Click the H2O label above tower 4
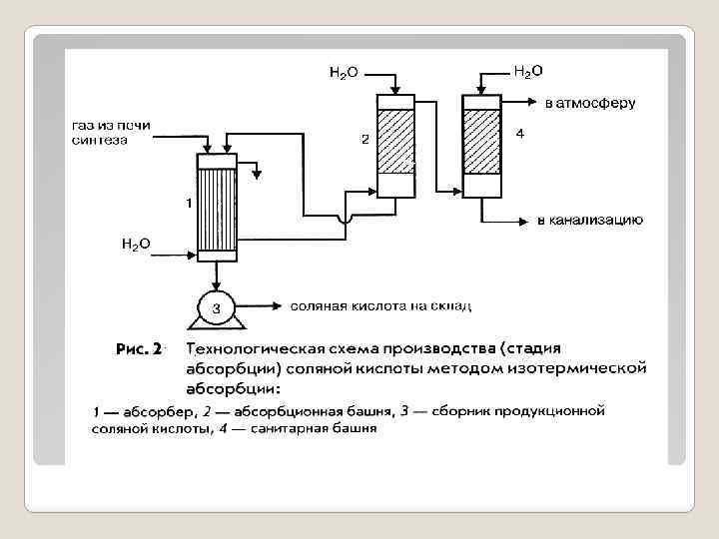527,71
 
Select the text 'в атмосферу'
589,103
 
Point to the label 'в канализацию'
590,220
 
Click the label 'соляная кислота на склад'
379,305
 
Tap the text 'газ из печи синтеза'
111,132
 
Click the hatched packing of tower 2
396,140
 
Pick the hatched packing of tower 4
482,140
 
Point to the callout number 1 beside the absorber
187,203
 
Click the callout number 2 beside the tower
365,140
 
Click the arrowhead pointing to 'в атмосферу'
534,103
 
